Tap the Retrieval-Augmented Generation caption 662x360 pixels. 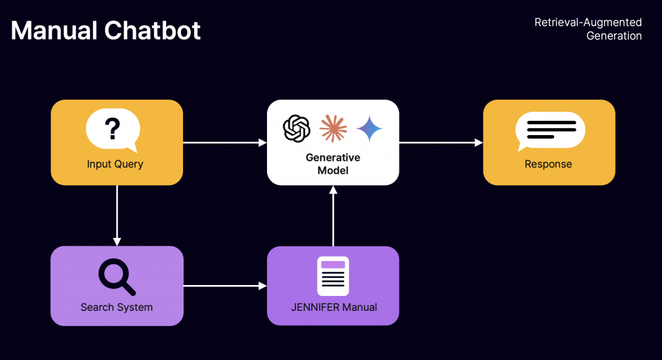588,29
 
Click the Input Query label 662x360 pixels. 115,164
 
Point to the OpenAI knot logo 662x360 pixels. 297,128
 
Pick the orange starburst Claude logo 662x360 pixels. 333,128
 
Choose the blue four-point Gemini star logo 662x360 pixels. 369,128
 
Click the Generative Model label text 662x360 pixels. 333,164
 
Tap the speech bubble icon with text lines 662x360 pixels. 550,130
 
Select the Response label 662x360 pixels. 548,164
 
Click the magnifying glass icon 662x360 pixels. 116,277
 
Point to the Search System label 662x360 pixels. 116,307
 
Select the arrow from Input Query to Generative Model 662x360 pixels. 224,142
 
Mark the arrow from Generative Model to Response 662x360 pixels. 441,142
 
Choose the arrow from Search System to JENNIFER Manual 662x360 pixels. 224,285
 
